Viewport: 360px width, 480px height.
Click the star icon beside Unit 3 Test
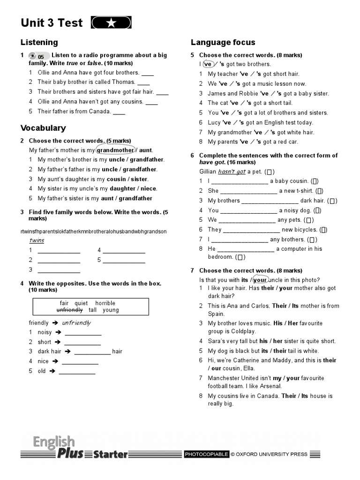[111, 23]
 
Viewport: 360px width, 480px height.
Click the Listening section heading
[39, 42]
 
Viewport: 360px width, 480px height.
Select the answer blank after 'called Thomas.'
[143, 82]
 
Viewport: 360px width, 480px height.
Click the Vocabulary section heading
[43, 128]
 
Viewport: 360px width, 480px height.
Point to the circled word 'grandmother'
[115, 150]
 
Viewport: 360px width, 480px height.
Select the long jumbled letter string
[94, 232]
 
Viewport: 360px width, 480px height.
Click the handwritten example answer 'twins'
[37, 240]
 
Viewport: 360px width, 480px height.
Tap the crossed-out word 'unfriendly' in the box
[69, 310]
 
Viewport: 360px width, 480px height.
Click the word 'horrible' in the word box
[105, 303]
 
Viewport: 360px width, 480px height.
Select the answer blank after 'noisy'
[83, 333]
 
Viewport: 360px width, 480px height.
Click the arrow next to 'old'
[52, 371]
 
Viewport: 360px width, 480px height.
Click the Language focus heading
[223, 42]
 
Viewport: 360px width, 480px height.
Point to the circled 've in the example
[208, 64]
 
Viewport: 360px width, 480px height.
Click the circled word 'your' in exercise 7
[260, 280]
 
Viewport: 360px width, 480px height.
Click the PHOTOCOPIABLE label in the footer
[206, 454]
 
